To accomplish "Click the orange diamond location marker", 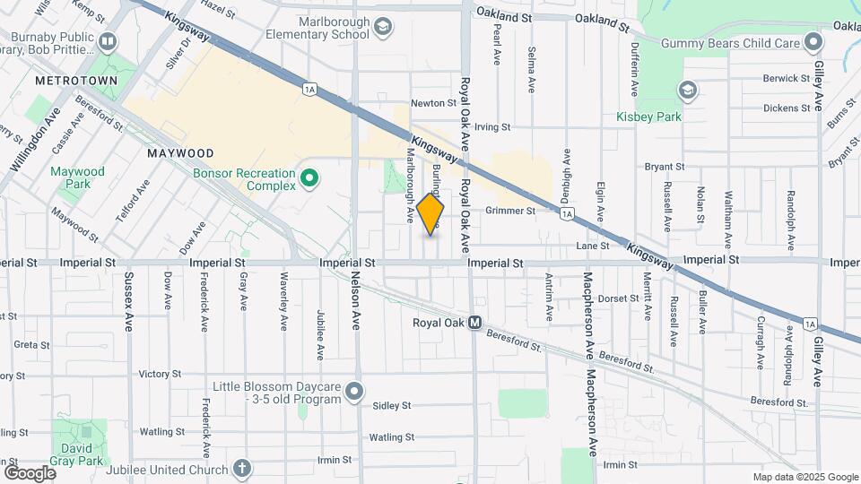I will click(430, 214).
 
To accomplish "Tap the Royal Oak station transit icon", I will click(475, 323).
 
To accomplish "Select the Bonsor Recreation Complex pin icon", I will click(309, 178).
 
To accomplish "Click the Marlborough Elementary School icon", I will click(384, 26).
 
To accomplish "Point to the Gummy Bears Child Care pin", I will click(813, 42).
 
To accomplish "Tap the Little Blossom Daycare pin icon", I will click(355, 391).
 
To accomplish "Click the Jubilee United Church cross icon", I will click(241, 467).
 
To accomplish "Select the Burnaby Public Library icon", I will click(108, 41).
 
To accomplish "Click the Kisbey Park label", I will click(649, 117).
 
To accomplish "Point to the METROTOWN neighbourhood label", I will click(65, 81).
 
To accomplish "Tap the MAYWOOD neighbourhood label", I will click(180, 153).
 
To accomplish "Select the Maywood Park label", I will click(77, 177).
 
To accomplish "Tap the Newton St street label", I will click(434, 103).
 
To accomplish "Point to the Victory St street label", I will click(161, 374).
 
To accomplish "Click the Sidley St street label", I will click(391, 405).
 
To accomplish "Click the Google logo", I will click(30, 472).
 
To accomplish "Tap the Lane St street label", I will click(592, 246).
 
